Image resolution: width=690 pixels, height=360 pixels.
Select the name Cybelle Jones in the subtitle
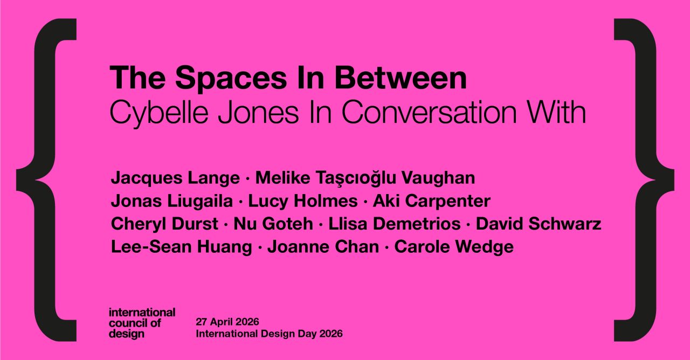(x=204, y=114)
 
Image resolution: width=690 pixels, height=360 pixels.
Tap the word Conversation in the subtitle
(x=429, y=113)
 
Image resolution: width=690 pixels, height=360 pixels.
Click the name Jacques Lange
(x=175, y=178)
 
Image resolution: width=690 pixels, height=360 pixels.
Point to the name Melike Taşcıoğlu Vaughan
(x=365, y=178)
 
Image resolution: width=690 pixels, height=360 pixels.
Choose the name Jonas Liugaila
(x=172, y=202)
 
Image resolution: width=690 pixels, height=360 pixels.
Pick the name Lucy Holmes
(x=303, y=202)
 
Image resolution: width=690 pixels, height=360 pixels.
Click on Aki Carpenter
(x=432, y=202)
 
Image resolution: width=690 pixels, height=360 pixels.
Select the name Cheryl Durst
(x=164, y=224)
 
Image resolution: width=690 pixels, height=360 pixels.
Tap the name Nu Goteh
(x=273, y=224)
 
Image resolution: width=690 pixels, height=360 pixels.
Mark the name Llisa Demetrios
(x=394, y=224)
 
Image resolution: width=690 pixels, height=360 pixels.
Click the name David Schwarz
(x=539, y=224)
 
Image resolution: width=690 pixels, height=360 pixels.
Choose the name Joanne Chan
(x=323, y=247)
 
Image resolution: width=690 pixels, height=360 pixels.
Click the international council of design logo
(x=142, y=323)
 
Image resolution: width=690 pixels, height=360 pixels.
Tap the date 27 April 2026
(x=227, y=322)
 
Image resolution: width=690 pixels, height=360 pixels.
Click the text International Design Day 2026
(x=269, y=334)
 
